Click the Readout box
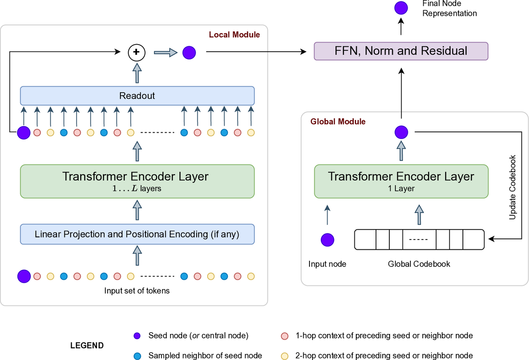[x=137, y=96]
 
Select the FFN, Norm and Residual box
[x=401, y=51]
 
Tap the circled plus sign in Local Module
[x=136, y=52]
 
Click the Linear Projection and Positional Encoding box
[x=137, y=234]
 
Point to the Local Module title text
[x=234, y=34]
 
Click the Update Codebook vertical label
[x=513, y=187]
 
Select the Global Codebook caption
[x=419, y=264]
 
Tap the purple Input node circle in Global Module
[x=327, y=240]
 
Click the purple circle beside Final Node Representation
[x=401, y=8]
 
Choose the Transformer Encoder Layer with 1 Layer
[x=401, y=181]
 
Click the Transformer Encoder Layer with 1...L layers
[x=137, y=181]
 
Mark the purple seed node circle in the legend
[x=137, y=336]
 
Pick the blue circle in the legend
[x=137, y=356]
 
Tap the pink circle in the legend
[x=284, y=336]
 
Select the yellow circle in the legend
[x=284, y=356]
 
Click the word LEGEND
[x=87, y=345]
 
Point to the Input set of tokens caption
[x=137, y=290]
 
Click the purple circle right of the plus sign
[x=189, y=52]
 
